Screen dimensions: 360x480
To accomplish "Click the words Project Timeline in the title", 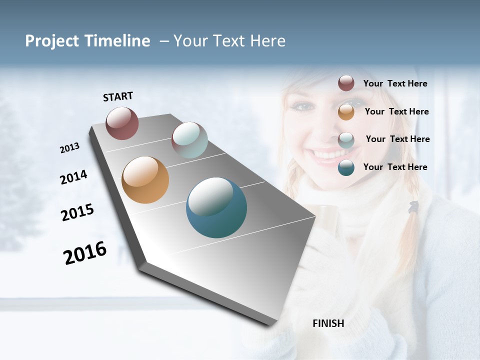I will [87, 41].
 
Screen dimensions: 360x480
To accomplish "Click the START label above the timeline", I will [118, 96].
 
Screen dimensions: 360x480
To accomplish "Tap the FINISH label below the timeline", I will [328, 323].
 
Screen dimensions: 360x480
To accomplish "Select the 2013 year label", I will [69, 148].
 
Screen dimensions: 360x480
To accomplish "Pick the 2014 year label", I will [73, 177].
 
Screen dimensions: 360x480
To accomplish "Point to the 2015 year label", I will [77, 212].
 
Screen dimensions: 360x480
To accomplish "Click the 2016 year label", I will [85, 253].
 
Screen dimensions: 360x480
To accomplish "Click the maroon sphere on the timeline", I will [122, 123].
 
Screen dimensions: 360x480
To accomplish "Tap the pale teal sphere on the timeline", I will [189, 140].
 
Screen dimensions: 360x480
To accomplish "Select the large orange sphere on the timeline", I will [145, 180].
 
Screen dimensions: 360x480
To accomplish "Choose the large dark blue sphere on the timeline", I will [216, 207].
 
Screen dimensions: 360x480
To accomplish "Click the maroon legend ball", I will [346, 83].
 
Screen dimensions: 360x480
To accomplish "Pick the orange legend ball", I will [346, 112].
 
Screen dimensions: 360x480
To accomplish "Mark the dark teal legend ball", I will [346, 167].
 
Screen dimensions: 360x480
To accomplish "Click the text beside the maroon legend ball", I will [395, 84].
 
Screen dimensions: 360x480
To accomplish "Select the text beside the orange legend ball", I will [396, 111].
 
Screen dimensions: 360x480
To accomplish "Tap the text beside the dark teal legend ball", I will [395, 167].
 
